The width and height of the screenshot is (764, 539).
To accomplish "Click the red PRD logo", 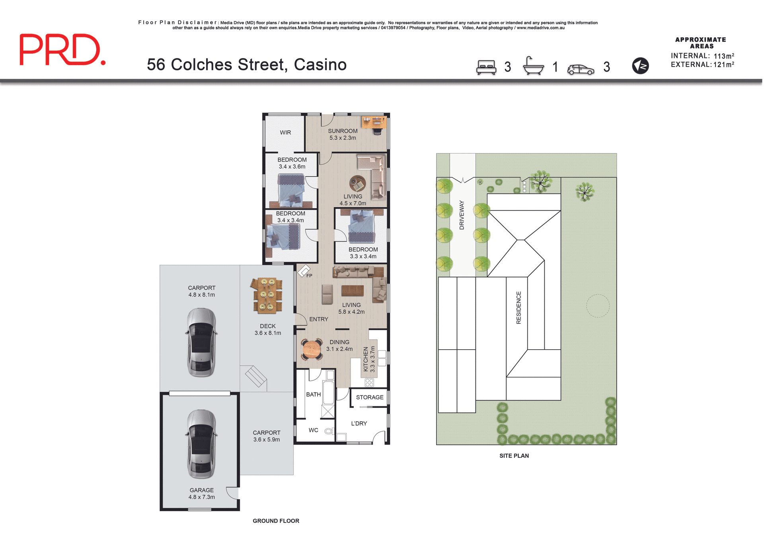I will [62, 49].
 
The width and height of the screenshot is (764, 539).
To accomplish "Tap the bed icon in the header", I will [486, 67].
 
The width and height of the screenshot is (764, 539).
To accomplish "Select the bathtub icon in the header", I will [533, 66].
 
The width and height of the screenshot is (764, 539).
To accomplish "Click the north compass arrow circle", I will [640, 66].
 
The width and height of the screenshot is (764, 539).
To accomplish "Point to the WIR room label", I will [285, 132].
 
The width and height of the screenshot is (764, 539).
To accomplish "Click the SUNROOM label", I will [343, 131].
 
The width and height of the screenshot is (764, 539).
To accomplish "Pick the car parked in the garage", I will [201, 444].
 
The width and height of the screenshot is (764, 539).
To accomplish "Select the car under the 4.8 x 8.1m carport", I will [201, 342].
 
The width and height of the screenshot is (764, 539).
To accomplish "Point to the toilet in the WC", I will [328, 431].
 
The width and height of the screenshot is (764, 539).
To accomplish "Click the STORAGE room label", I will [370, 397].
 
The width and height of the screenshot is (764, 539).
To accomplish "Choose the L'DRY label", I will [359, 424].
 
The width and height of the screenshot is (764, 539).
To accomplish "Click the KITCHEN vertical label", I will [366, 359].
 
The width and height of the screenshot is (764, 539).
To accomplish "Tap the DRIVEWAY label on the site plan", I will [462, 215].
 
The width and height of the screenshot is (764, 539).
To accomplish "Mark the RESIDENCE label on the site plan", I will [518, 307].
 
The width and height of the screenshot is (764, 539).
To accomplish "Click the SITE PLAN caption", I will [514, 456].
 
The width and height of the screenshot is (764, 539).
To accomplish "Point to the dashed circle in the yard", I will [598, 306].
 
